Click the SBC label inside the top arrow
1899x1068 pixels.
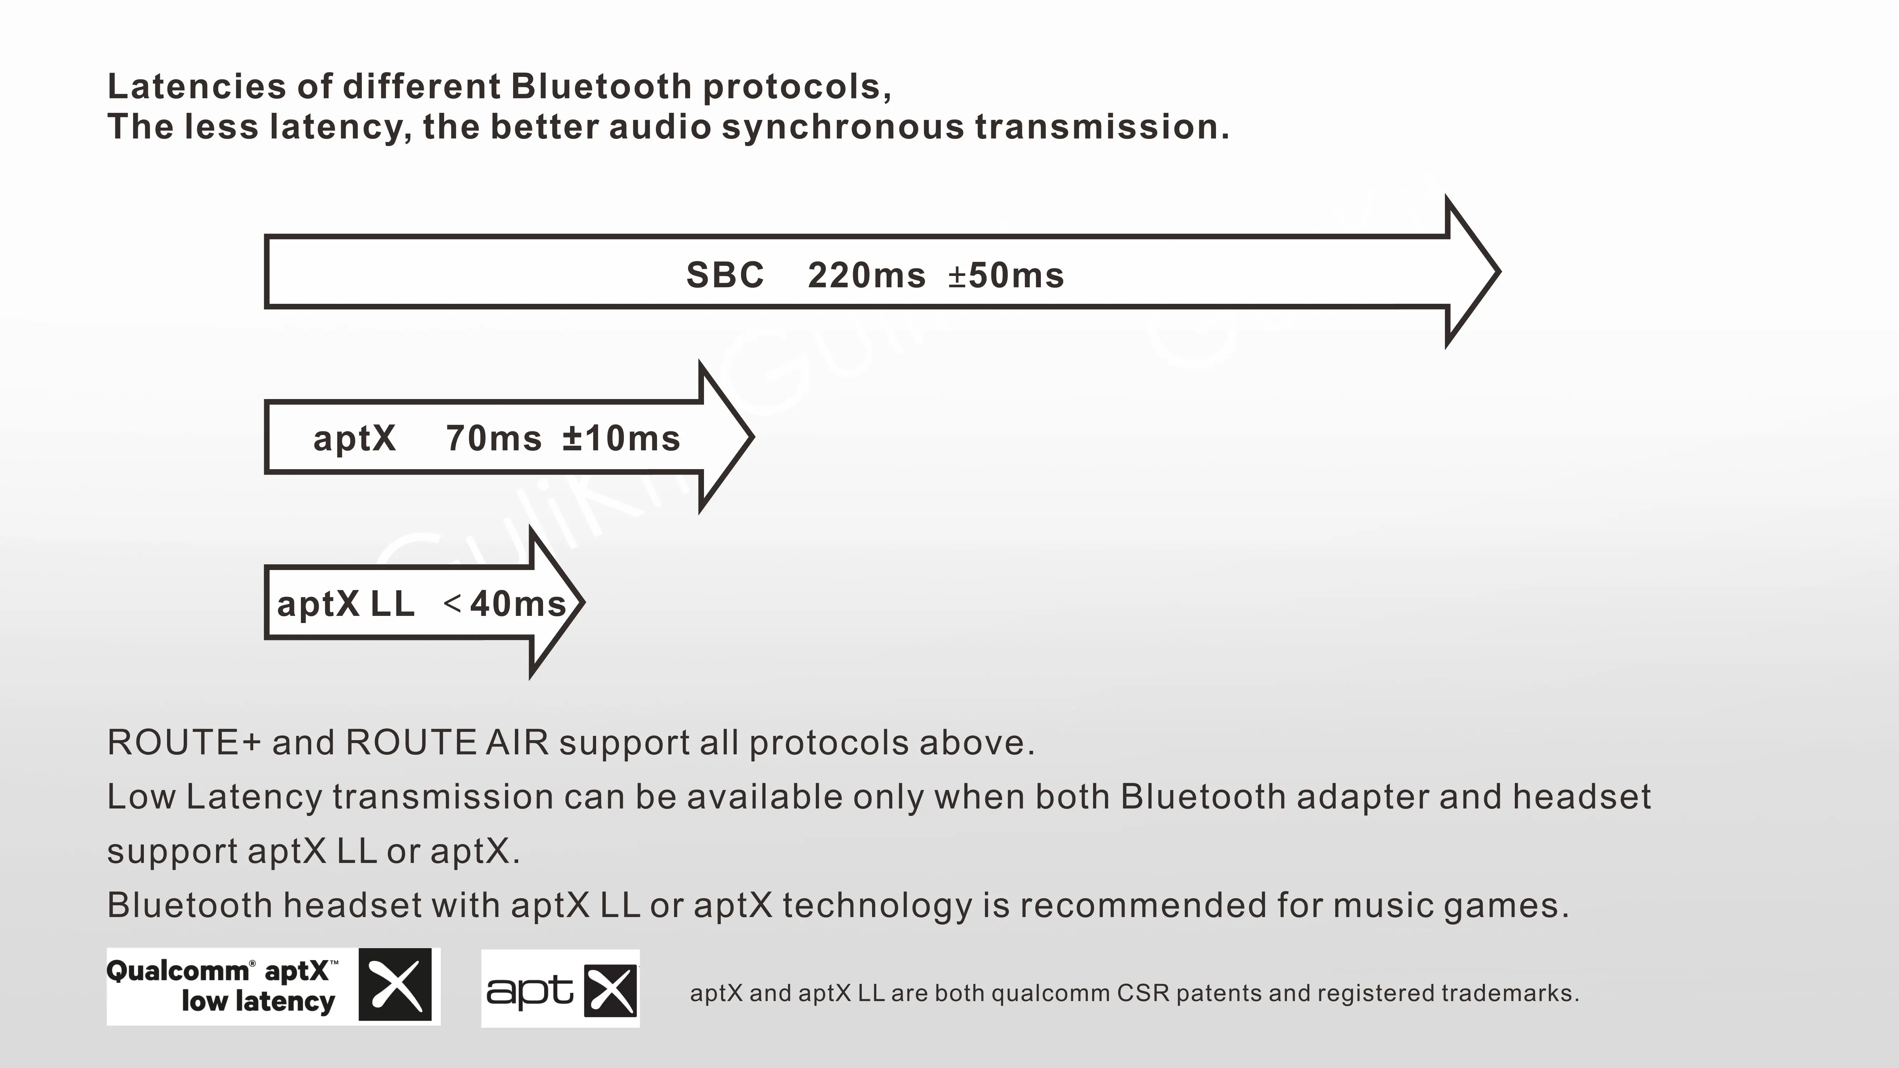tap(725, 276)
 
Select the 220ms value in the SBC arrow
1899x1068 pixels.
tap(866, 276)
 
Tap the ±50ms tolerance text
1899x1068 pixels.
tap(1006, 276)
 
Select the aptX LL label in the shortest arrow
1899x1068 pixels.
tap(345, 604)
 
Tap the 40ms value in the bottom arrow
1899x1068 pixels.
tap(517, 604)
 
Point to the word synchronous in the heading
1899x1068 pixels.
tap(842, 127)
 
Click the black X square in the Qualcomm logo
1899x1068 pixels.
tap(395, 985)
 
